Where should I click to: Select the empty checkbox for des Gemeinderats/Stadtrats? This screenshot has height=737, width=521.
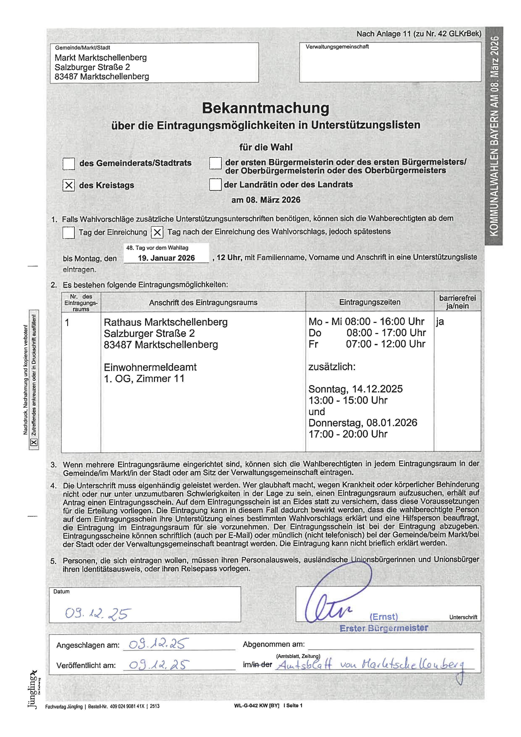point(69,163)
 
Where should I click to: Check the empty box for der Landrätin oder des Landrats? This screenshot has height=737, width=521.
point(215,185)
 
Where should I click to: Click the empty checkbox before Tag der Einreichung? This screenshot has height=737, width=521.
point(69,232)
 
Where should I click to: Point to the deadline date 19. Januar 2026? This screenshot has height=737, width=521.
point(166,258)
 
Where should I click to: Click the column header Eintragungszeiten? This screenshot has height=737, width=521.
point(370,302)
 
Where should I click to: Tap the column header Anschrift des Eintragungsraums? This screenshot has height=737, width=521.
point(203,302)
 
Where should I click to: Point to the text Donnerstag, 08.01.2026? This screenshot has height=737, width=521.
point(362,423)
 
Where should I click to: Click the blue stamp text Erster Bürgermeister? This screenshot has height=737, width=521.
point(384,628)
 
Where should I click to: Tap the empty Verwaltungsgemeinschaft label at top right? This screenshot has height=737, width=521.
point(337,47)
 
